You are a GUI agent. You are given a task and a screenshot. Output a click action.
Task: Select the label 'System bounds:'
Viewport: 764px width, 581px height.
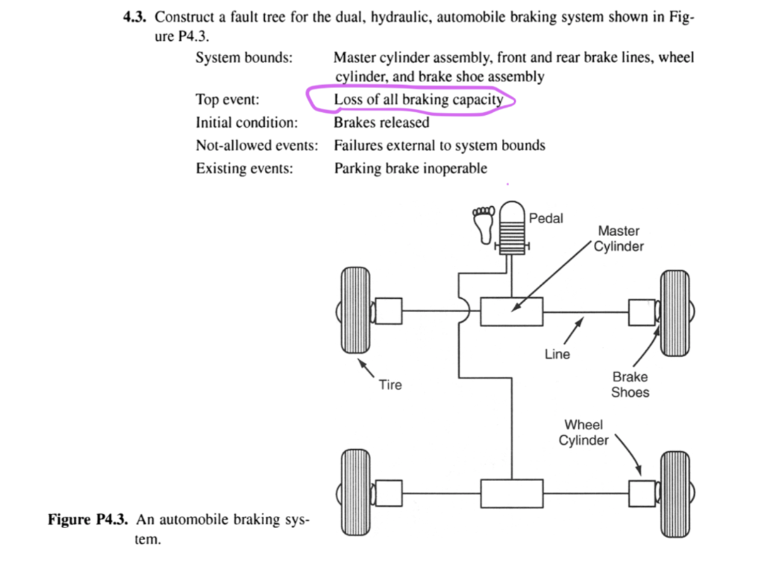point(243,58)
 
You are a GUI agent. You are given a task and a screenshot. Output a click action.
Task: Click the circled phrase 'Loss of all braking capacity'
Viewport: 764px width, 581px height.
point(419,100)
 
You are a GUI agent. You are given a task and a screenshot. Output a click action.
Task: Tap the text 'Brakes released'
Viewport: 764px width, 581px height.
point(381,122)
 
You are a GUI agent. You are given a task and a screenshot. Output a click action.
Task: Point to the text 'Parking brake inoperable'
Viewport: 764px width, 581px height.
point(410,168)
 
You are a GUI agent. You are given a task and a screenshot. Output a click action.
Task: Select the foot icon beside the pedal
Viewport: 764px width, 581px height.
point(483,225)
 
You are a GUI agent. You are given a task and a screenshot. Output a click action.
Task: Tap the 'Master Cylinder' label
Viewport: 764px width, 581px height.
point(619,239)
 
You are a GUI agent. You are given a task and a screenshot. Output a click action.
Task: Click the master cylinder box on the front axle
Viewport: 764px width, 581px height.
point(511,311)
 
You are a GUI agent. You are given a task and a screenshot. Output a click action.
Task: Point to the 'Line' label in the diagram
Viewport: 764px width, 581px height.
point(557,354)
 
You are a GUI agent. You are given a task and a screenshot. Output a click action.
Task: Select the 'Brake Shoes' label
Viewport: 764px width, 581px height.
point(630,385)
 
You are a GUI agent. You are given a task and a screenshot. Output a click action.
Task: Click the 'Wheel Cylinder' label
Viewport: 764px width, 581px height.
point(583,432)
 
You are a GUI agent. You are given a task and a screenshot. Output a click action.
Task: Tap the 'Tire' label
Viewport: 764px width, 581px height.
point(390,385)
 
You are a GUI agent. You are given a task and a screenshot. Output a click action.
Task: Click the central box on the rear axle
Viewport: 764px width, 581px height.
point(511,493)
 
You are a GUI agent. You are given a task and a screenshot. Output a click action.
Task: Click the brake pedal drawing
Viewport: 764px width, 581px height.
point(513,227)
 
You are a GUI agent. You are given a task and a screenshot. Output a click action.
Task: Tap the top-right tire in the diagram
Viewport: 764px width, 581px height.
point(676,310)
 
